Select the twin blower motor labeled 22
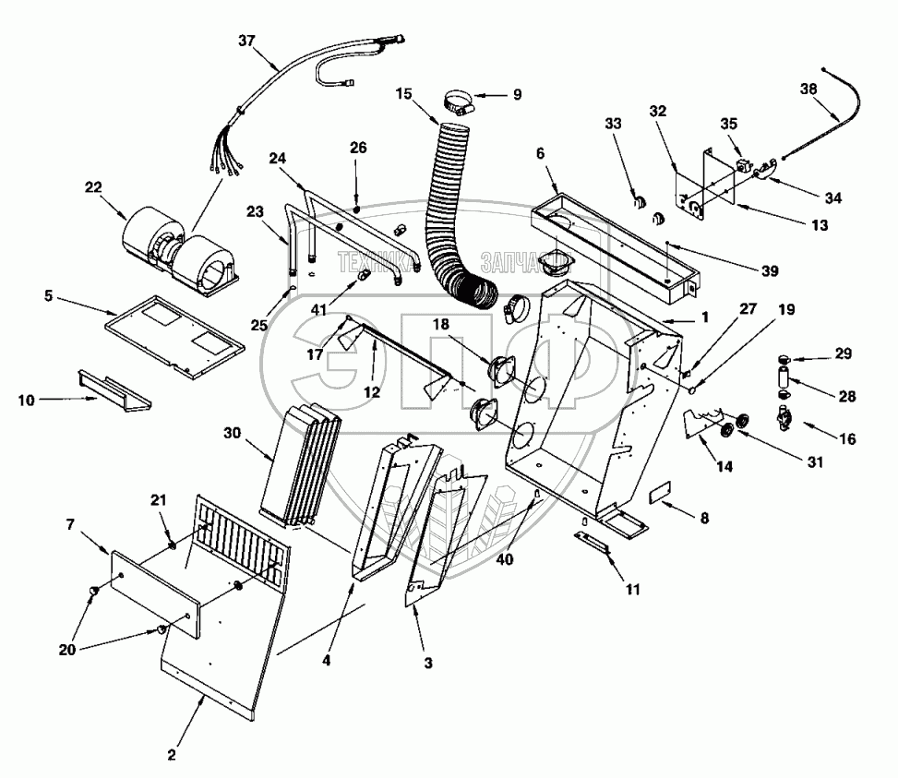click(181, 244)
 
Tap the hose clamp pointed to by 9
click(456, 100)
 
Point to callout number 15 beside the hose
click(404, 94)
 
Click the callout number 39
click(746, 270)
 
